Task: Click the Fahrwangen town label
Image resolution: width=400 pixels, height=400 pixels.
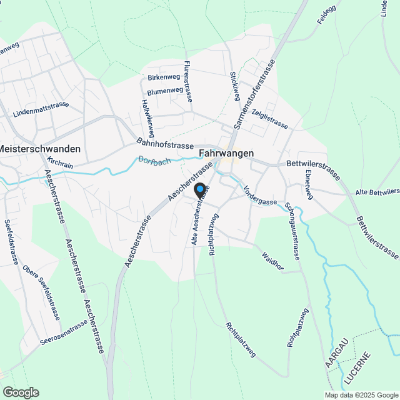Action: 226,152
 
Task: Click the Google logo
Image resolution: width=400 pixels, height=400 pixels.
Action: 20,392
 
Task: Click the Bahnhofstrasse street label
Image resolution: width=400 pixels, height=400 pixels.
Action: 165,145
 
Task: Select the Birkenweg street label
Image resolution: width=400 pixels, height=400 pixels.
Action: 164,77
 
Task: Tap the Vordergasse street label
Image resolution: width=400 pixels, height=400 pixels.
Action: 260,194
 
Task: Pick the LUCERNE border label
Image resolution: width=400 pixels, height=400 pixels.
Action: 356,370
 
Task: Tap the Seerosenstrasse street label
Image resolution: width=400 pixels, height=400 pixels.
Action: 64,334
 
